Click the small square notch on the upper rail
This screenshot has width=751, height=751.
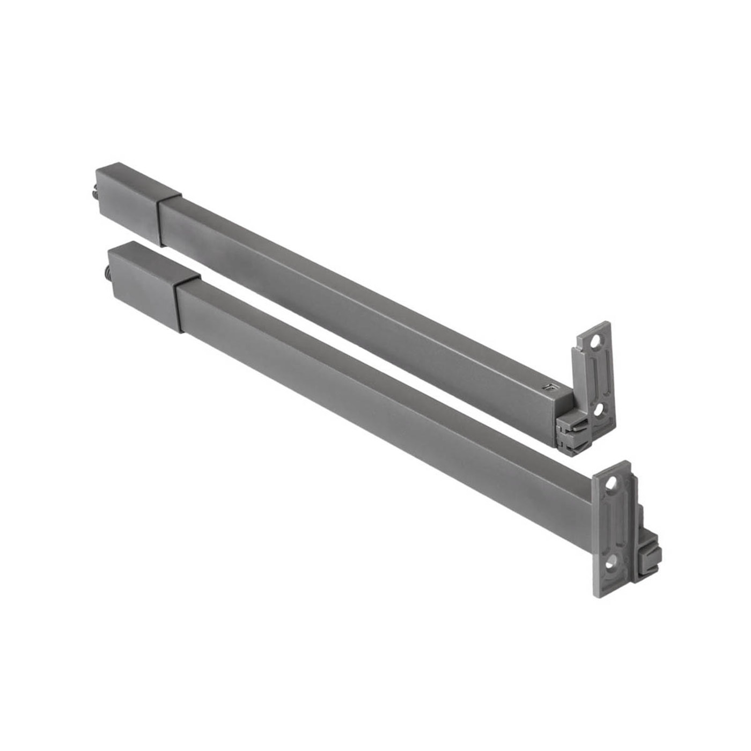pyautogui.click(x=548, y=386)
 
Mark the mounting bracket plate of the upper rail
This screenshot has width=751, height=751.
pyautogui.click(x=594, y=376)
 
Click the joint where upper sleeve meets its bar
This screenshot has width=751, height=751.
pyautogui.click(x=161, y=220)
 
